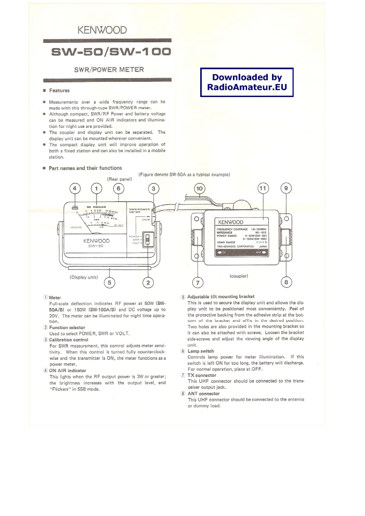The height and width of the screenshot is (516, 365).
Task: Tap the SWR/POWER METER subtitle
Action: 109,70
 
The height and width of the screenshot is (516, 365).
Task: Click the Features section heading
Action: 59,91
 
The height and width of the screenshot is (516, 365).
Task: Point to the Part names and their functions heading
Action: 85,168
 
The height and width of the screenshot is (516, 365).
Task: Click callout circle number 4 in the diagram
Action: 75,189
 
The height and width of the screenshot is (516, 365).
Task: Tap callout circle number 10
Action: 200,189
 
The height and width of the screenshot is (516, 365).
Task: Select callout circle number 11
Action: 262,189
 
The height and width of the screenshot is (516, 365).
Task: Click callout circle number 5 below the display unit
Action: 109,282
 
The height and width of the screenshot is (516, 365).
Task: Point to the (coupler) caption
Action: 239,276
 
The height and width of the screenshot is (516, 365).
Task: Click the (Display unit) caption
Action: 84,277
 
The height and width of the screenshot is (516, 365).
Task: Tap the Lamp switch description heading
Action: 201,351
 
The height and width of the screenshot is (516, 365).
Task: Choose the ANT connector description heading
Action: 203,394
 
